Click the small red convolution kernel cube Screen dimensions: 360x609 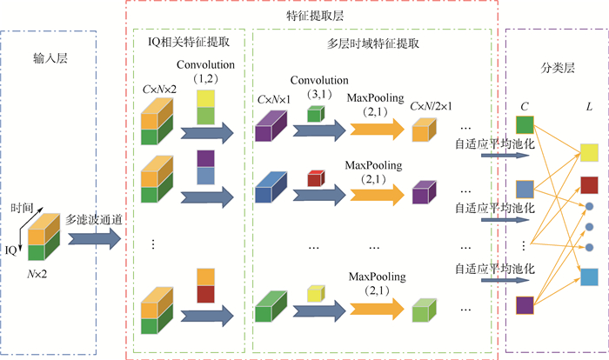(315, 179)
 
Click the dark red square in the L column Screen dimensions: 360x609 (589, 184)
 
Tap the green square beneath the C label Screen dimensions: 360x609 (525, 135)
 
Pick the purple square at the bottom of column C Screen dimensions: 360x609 (525, 304)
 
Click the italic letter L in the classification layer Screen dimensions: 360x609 (588, 105)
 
